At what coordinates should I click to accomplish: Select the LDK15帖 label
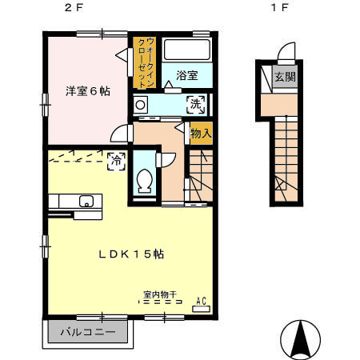[x=131, y=254]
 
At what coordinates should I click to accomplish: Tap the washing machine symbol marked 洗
[x=195, y=103]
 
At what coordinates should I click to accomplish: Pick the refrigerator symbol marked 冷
[x=117, y=160]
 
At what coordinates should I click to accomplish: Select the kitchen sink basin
[x=86, y=201]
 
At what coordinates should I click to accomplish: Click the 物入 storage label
[x=201, y=134]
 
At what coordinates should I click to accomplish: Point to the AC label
[x=202, y=301]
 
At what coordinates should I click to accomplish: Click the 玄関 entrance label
[x=284, y=78]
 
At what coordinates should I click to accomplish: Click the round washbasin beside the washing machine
[x=141, y=105]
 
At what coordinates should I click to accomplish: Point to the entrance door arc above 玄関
[x=286, y=54]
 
